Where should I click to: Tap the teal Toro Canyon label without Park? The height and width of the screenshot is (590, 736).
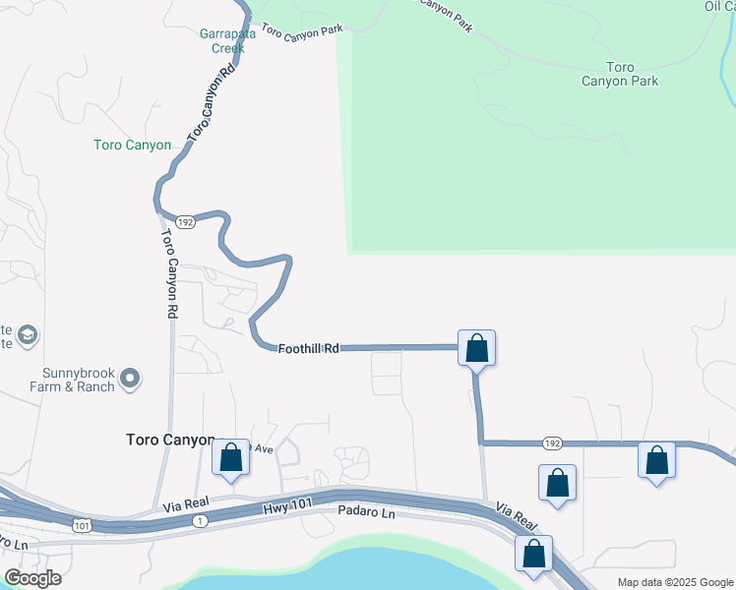pos(132,146)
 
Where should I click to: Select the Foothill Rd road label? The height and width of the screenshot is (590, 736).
pos(308,349)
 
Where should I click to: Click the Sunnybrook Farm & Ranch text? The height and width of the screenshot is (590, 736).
pos(79,380)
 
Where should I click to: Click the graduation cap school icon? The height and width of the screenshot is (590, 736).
pos(28,336)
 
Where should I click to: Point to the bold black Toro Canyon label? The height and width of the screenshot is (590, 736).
pos(170,440)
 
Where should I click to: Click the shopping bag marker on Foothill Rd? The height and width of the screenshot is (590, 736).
pos(476,348)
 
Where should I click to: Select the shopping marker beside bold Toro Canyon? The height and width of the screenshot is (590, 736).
pos(231,457)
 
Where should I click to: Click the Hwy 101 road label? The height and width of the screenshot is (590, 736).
pos(286,506)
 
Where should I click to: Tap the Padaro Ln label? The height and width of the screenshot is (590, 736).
pos(365,512)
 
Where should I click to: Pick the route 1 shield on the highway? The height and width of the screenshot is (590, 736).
pos(201,519)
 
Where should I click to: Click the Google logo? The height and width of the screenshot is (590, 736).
pos(32,578)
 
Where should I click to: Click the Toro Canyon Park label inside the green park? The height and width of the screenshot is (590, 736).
pos(619,74)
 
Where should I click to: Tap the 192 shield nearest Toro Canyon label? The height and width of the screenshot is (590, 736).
pos(186,222)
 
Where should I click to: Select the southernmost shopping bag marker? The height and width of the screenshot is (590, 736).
pos(533,554)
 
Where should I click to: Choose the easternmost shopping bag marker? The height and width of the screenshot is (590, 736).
pos(656,460)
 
